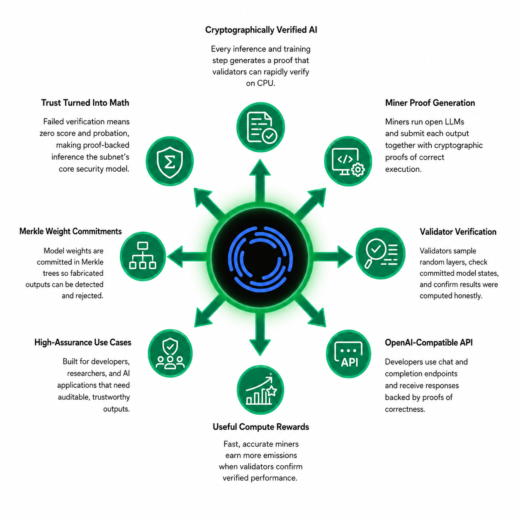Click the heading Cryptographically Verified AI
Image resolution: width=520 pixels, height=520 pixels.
261,30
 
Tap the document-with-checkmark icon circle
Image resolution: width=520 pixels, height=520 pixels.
260,127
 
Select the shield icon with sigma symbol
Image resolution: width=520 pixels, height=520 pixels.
170,161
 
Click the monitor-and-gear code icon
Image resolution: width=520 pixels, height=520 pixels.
348,161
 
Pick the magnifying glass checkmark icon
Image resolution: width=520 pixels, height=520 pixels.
381,254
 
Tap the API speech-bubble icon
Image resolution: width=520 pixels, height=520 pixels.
348,353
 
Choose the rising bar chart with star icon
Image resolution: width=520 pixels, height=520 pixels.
260,390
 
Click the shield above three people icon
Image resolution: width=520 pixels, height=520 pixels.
170,353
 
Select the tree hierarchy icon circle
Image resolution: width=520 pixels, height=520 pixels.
143,256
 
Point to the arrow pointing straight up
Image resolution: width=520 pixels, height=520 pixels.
260,181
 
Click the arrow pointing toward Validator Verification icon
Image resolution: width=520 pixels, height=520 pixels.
333,257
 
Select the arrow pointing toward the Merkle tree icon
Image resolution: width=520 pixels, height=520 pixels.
187,257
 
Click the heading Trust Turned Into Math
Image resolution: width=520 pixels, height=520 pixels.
85,103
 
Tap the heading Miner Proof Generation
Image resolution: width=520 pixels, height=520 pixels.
430,103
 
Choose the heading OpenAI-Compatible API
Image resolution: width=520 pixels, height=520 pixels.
428,343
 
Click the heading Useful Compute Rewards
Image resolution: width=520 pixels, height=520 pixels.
261,427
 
